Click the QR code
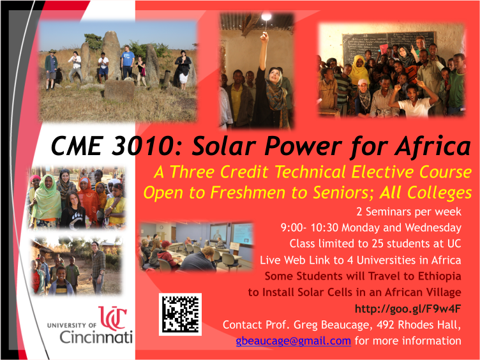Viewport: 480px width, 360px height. coord(180,314)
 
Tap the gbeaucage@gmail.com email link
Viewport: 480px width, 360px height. coord(293,341)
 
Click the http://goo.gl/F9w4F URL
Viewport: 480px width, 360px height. coord(408,309)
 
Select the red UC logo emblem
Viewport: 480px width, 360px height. coord(112,318)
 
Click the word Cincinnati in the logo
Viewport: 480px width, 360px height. coord(96,337)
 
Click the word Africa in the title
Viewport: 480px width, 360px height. coord(433,145)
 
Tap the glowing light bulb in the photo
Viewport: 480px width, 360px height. coord(266,16)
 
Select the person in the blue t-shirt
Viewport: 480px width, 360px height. coord(127,63)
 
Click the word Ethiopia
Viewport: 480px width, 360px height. coord(440,276)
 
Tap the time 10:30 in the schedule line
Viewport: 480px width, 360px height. coord(324,227)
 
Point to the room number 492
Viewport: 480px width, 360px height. coord(386,324)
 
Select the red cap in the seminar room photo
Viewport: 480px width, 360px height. coord(166,244)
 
